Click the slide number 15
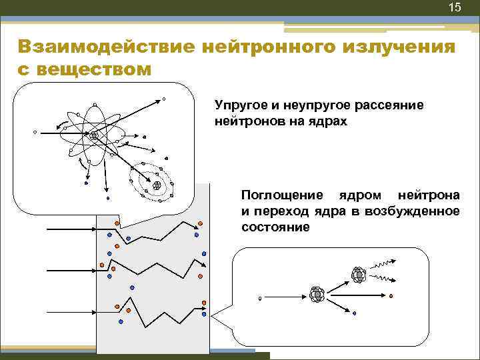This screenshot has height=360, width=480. tap(455, 8)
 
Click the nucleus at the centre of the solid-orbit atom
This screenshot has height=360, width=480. tap(95, 135)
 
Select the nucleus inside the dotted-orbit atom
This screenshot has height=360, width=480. tap(157, 185)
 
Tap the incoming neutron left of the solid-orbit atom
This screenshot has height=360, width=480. tap(35, 132)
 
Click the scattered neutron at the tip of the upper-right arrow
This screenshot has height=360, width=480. tap(164, 100)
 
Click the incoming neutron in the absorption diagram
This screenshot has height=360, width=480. tap(260, 298)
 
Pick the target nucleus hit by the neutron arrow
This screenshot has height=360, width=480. tap(317, 293)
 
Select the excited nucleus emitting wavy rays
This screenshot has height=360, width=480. tap(358, 274)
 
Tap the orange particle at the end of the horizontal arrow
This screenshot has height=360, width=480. tap(391, 296)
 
